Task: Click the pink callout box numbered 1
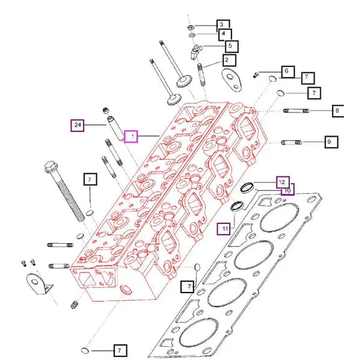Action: [x=130, y=136]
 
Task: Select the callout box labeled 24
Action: [x=77, y=125]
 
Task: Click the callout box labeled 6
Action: [x=287, y=72]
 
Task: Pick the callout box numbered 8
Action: [x=338, y=111]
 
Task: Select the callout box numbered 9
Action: [x=330, y=142]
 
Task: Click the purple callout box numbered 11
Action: [x=224, y=228]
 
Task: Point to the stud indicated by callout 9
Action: [x=291, y=142]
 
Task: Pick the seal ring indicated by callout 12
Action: [x=247, y=185]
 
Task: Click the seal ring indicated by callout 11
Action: [x=238, y=206]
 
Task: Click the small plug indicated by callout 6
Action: [x=257, y=76]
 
